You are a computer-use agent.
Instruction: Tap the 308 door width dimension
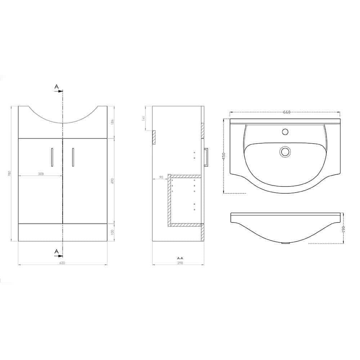[x=41, y=174]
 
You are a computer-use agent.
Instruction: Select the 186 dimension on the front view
[x=113, y=122]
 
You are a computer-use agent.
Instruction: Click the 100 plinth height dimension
[x=113, y=232]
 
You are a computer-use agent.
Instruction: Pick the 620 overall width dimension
[x=62, y=263]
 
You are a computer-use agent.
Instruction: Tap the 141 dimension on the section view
[x=143, y=117]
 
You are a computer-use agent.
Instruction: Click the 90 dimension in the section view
[x=161, y=177]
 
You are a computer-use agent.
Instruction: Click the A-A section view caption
[x=180, y=258]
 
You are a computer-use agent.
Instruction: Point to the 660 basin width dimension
[x=287, y=112]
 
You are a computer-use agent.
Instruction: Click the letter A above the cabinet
[x=56, y=87]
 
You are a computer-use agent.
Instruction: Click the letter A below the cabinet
[x=56, y=251]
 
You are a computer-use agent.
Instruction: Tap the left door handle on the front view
[x=53, y=157]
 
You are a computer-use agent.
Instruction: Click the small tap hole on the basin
[x=285, y=131]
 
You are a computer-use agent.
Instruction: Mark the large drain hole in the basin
[x=285, y=152]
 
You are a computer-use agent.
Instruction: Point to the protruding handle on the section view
[x=207, y=157]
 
